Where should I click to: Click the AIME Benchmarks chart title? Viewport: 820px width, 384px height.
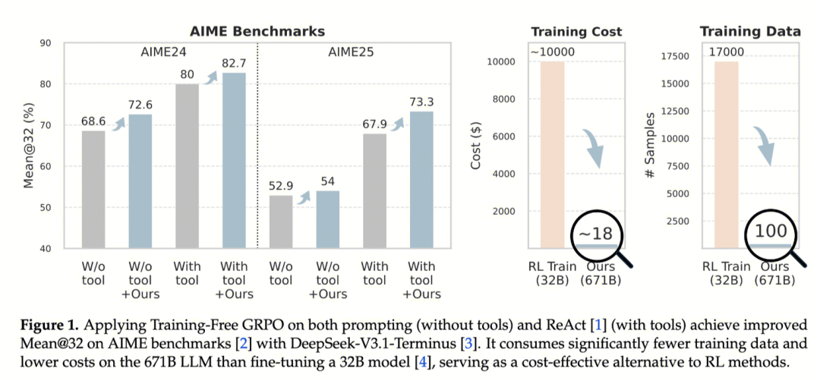[x=257, y=31]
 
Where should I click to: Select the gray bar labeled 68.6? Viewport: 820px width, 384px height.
[x=93, y=190]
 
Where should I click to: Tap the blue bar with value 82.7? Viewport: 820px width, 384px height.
[x=234, y=159]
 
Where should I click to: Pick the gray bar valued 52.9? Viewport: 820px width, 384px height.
[x=280, y=221]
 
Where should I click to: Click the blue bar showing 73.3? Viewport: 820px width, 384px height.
[x=421, y=179]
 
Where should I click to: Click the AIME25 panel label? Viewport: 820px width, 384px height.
[x=351, y=52]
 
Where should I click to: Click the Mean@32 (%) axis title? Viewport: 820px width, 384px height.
[x=28, y=146]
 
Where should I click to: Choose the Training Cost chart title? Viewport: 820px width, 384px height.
[x=576, y=31]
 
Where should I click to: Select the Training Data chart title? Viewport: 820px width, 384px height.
[x=750, y=31]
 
